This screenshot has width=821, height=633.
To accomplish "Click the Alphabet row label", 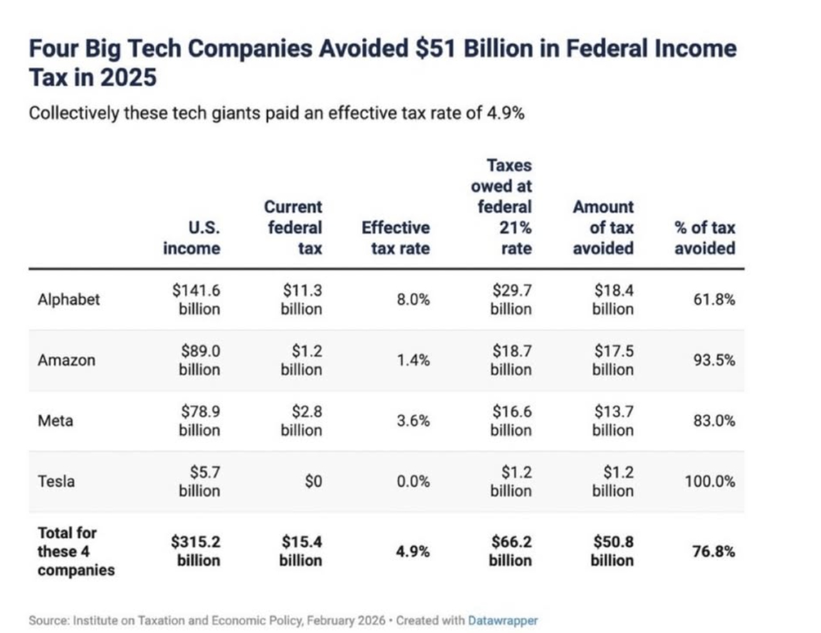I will [x=68, y=300].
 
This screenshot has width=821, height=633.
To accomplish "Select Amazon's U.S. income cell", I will [x=199, y=360].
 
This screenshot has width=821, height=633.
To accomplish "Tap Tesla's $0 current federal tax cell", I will [x=313, y=481].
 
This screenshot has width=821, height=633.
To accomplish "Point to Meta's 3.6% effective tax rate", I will [x=413, y=421].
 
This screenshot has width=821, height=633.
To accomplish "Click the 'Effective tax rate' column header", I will [x=396, y=238].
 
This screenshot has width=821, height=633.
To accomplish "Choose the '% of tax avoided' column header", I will [x=704, y=238].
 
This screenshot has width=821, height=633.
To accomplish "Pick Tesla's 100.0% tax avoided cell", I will [x=710, y=481].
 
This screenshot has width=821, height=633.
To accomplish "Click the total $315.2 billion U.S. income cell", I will [x=196, y=551].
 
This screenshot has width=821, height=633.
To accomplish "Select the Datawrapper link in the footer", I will [x=503, y=620].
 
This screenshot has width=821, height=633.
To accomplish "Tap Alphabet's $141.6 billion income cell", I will [x=197, y=300].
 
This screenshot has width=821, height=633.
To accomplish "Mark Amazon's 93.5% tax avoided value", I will [x=714, y=360].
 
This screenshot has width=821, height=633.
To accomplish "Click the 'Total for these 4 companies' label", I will [x=75, y=551].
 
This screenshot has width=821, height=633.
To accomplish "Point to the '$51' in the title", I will [x=434, y=49].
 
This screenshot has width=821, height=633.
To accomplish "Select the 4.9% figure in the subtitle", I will [x=505, y=113].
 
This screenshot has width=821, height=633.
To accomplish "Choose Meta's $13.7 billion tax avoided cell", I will [x=613, y=421].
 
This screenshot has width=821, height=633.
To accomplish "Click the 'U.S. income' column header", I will [x=192, y=238].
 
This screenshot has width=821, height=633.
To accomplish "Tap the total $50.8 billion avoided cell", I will [x=612, y=551].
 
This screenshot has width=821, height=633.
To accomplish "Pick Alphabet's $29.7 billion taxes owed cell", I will [x=511, y=300].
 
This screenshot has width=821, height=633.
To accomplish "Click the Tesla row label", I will [x=56, y=481].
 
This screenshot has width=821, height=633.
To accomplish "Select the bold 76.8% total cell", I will [x=713, y=552].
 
